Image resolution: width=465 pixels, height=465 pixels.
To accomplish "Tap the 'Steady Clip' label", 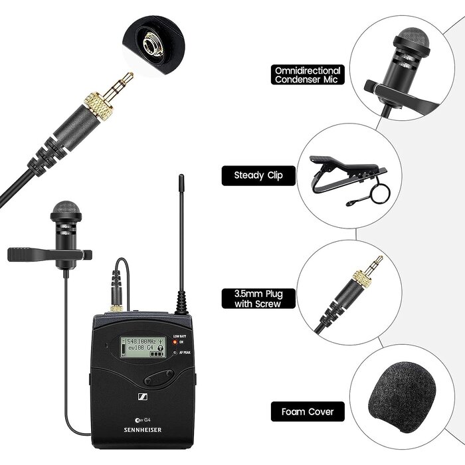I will tap(258, 175).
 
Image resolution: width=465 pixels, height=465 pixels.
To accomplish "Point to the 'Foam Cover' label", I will tap(307, 412).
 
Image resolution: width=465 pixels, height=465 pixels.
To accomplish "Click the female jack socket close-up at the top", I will tap(147, 45).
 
